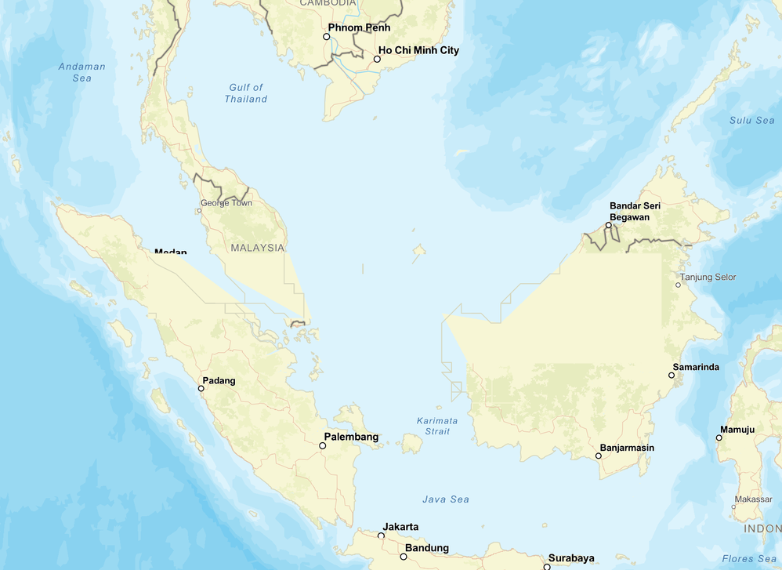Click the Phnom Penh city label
359,27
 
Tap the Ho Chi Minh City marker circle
377,59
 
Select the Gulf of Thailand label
246,93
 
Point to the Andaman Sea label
82,72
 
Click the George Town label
226,203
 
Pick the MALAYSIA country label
258,248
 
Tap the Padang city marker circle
201,388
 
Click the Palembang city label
352,437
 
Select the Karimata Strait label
437,426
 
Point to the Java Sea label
446,499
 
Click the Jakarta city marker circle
382,536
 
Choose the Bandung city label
427,548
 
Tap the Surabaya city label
571,558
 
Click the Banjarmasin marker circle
599,456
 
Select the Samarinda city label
696,367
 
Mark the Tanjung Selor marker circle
679,285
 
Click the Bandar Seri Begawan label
635,211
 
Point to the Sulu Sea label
752,120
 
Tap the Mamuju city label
737,429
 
